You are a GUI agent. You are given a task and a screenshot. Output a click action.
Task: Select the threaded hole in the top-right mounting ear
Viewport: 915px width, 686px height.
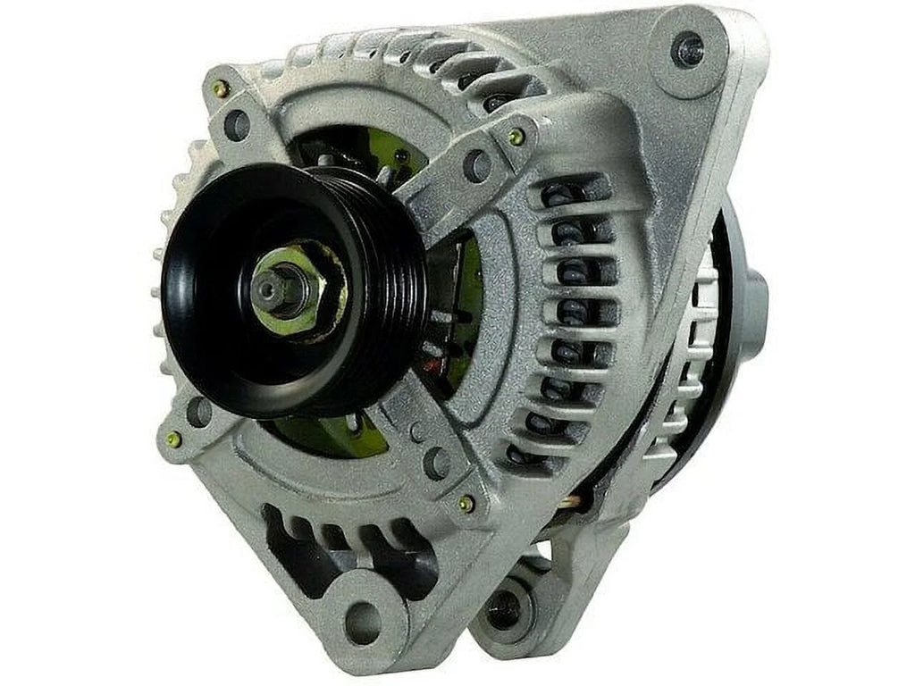pyautogui.click(x=687, y=49)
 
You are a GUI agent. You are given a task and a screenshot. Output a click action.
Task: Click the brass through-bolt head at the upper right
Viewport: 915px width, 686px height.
pyautogui.click(x=515, y=136)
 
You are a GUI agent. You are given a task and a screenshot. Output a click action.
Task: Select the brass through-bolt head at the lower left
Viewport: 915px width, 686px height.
pyautogui.click(x=173, y=439)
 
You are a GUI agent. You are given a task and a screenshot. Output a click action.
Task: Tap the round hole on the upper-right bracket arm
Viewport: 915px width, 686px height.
pyautogui.click(x=475, y=166)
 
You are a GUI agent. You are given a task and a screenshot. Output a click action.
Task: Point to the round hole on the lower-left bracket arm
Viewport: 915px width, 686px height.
pyautogui.click(x=198, y=412)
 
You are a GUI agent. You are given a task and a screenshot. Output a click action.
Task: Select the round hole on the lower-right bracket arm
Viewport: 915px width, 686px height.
pyautogui.click(x=438, y=462)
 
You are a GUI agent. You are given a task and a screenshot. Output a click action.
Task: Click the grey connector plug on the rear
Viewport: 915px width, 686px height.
pyautogui.click(x=756, y=304)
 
